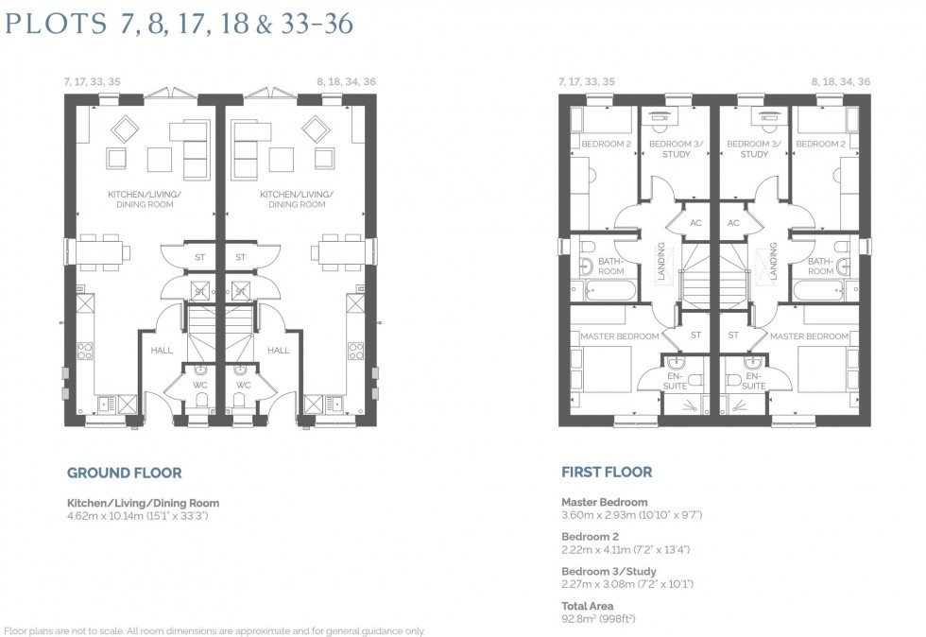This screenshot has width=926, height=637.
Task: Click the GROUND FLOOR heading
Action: point(124,473)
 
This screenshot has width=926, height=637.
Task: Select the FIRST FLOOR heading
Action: point(606,472)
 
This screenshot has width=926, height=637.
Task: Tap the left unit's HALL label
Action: point(163,350)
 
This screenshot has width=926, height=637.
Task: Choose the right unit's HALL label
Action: point(279,350)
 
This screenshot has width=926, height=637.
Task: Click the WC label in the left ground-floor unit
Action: point(199,385)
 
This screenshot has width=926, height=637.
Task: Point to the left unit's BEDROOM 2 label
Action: point(606,144)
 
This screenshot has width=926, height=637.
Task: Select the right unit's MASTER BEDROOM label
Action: point(808,336)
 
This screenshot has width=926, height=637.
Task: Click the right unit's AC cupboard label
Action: point(733,223)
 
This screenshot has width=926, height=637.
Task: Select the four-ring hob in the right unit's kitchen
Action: point(356,351)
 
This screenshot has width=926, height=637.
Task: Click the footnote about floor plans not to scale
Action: point(215,630)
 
